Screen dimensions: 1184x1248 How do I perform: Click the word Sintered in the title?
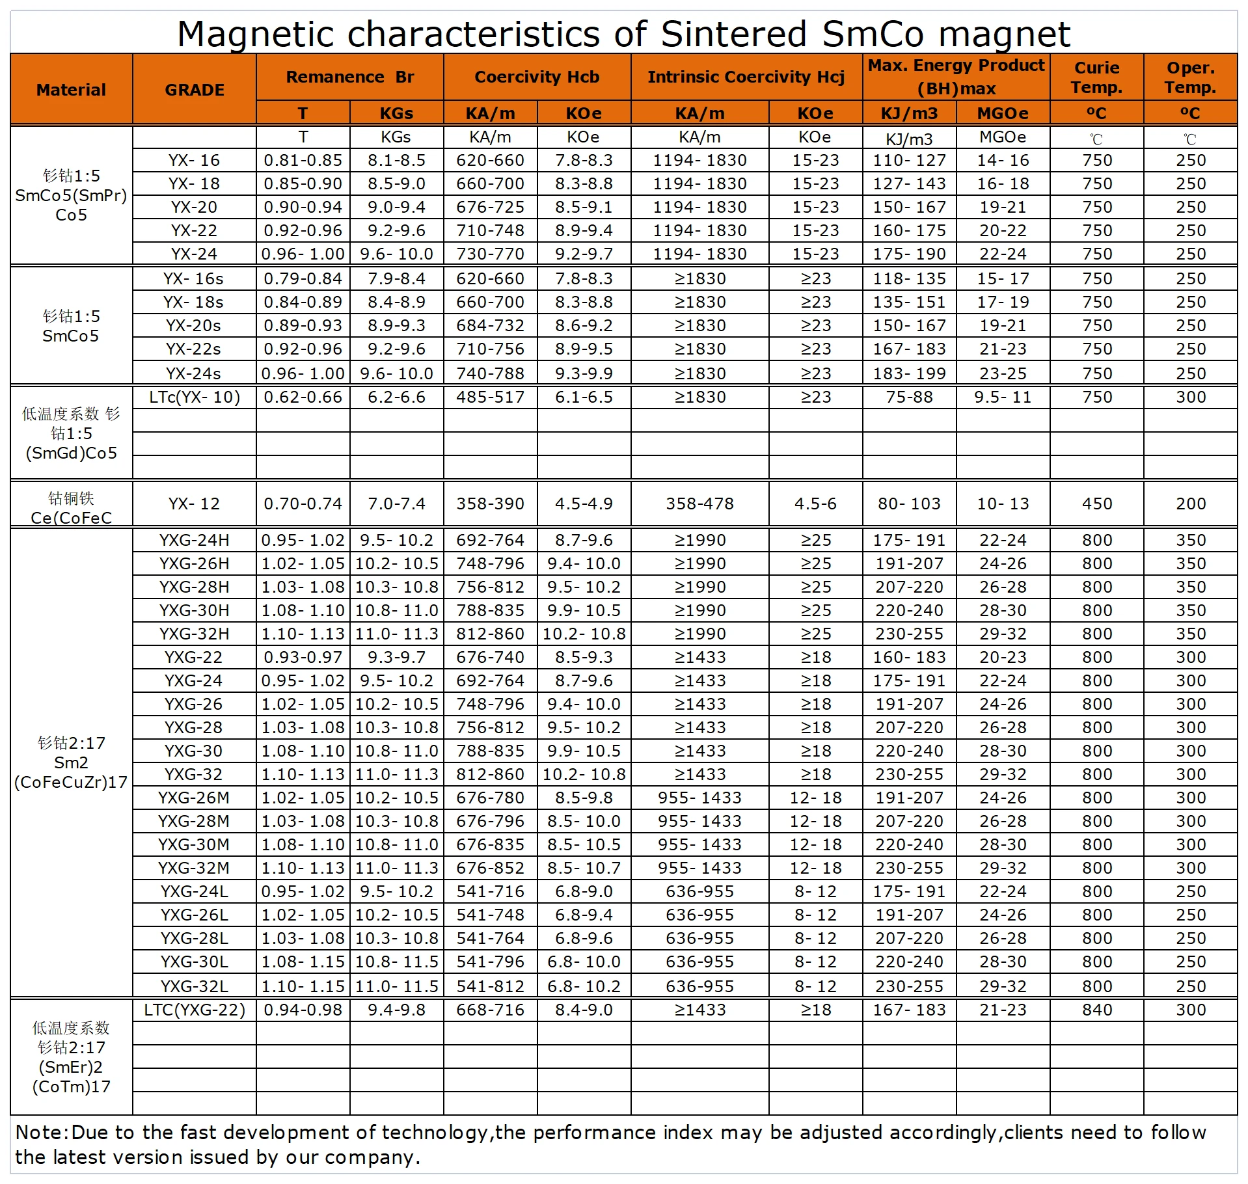coord(733,34)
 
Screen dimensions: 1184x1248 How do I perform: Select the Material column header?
coord(71,90)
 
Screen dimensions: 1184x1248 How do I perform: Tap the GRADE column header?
coord(195,90)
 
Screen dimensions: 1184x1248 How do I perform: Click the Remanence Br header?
coord(349,77)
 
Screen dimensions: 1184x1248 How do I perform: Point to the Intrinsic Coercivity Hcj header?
coord(746,77)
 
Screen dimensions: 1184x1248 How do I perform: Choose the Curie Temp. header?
coord(1096,77)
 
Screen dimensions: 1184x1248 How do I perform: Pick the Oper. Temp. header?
coord(1190,77)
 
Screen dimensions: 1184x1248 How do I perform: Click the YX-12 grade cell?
coord(194,504)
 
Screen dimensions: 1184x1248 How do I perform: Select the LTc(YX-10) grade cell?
coord(195,397)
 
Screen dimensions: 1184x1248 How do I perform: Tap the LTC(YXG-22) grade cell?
coord(195,1010)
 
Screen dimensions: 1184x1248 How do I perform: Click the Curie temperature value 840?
coord(1097,1010)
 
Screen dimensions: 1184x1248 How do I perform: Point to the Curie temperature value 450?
coord(1097,504)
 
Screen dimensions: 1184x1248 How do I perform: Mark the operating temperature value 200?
coord(1191,504)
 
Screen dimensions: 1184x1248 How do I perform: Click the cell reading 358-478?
coord(699,504)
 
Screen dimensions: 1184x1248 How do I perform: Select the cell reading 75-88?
coord(909,397)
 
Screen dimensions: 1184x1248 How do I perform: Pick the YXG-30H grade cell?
coord(194,610)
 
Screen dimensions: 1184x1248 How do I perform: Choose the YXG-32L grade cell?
coord(194,986)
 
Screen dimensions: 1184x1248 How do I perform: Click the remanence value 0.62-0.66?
coord(303,397)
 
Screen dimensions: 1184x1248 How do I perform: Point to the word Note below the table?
coord(40,1133)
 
